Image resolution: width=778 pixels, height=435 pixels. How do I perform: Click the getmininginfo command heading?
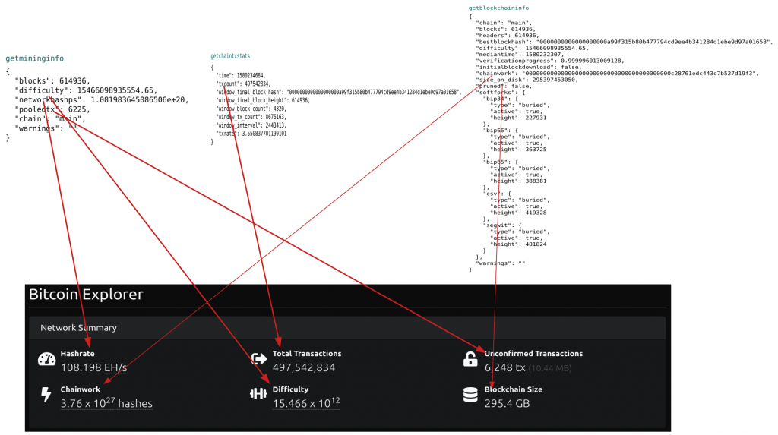35,58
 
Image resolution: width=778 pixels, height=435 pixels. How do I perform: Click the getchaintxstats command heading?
230,56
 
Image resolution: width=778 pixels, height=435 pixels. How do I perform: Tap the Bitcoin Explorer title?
86,295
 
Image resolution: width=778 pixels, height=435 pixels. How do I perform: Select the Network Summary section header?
78,328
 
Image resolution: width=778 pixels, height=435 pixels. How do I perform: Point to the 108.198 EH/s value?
93,367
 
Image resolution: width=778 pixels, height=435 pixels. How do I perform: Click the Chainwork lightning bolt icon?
46,395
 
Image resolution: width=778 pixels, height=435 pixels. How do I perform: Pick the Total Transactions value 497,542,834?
304,367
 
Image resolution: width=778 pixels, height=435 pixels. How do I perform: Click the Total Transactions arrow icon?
259,359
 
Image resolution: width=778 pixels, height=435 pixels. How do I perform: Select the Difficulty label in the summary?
290,389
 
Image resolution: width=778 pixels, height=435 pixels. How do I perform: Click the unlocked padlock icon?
470,359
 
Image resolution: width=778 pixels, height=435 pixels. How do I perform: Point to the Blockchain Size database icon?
470,395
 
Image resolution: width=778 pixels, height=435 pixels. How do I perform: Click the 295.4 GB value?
507,403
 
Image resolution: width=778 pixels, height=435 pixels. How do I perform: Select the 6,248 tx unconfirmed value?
505,367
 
